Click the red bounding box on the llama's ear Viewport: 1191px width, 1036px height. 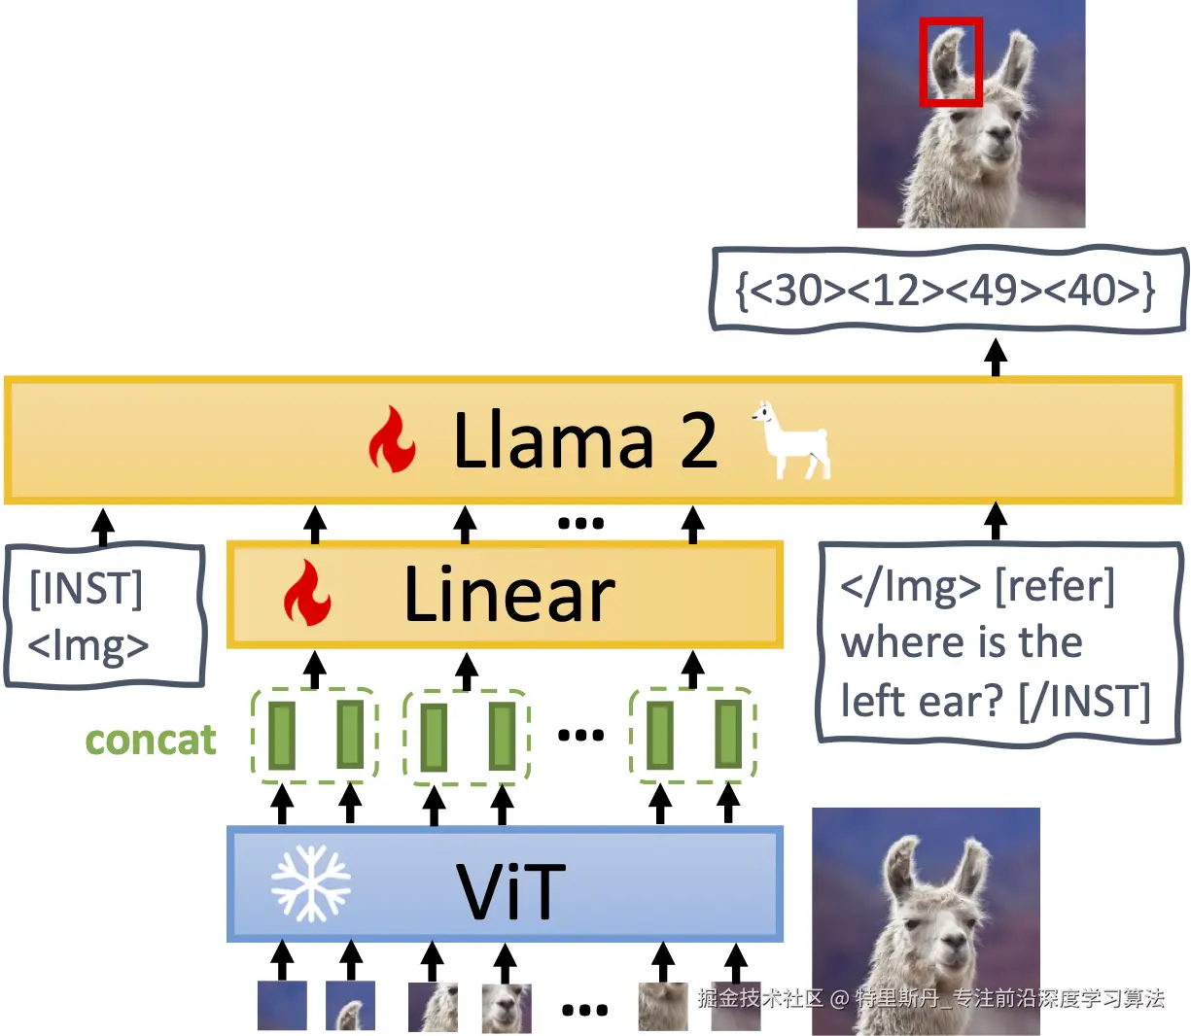(x=921, y=62)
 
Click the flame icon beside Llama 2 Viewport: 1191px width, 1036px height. (x=392, y=438)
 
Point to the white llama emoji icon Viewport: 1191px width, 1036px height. (x=791, y=439)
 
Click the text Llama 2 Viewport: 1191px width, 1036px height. (x=585, y=439)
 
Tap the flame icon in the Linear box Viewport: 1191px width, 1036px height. (x=307, y=593)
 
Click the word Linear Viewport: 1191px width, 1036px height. (x=509, y=594)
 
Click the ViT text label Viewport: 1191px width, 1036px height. (x=510, y=890)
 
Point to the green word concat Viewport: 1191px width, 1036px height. (x=151, y=740)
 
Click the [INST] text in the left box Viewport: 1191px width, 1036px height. (x=86, y=589)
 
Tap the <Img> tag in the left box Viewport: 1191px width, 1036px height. (x=88, y=645)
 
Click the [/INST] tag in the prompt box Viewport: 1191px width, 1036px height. (x=1084, y=701)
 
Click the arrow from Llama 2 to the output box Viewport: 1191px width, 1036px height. (x=996, y=358)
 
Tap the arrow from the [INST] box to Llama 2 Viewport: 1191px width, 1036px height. (x=103, y=527)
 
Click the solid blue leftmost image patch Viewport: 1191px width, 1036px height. (x=282, y=1005)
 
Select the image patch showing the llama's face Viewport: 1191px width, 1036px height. (x=507, y=1008)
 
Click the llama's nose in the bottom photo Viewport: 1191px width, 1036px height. (x=955, y=941)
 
